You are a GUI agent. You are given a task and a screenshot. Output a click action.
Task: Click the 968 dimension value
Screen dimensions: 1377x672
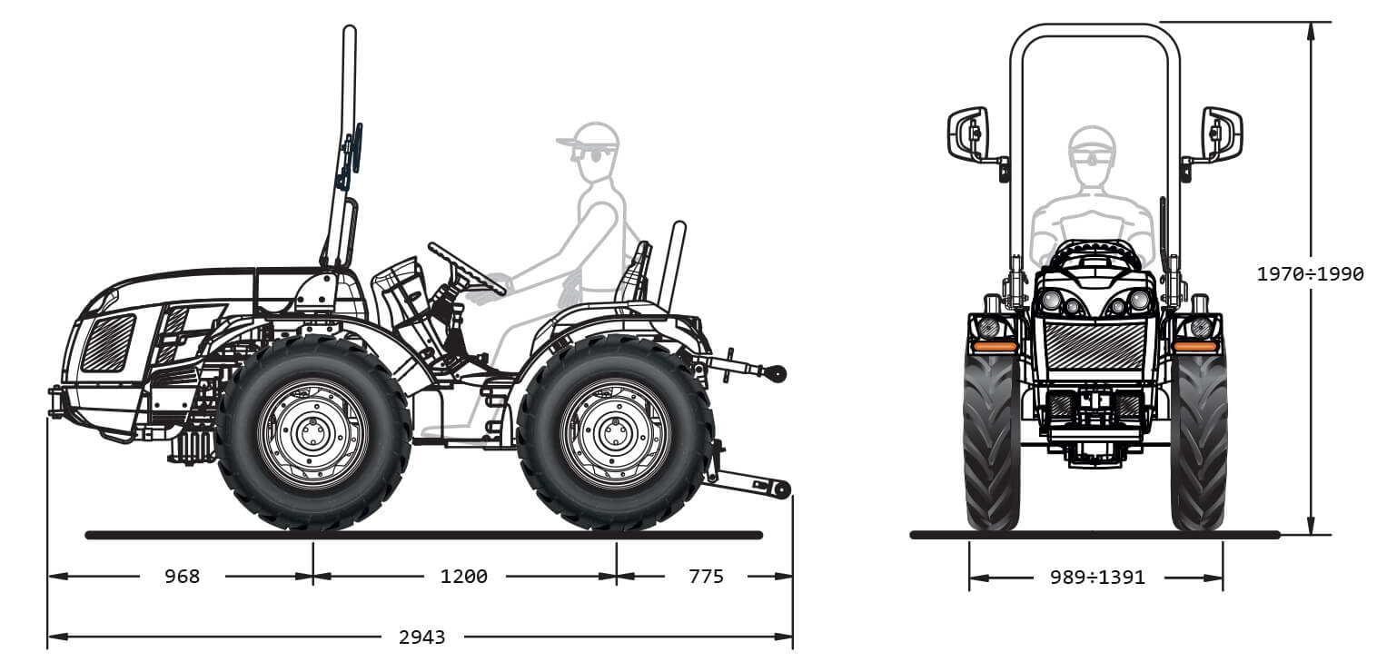point(182,576)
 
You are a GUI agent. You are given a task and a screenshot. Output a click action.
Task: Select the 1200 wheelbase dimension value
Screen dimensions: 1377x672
point(463,576)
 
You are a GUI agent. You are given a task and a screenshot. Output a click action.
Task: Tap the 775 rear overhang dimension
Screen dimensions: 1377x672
point(706,576)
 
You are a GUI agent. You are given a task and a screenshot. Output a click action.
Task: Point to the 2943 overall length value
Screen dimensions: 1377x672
point(421,637)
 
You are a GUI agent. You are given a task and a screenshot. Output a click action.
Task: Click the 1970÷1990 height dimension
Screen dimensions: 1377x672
point(1310,273)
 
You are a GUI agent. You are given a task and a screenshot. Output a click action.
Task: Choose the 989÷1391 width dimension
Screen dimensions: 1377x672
point(1097,578)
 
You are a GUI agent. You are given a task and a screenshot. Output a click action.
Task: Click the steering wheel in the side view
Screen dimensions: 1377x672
point(467,269)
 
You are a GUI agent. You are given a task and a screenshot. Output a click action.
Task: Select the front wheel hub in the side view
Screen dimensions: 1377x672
point(312,434)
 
